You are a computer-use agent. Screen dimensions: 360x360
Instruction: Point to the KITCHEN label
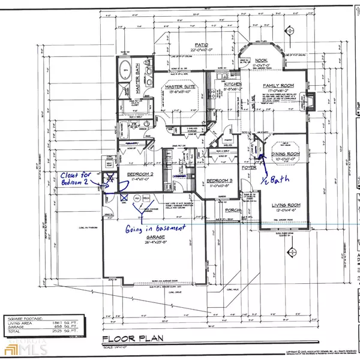point(232,85)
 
